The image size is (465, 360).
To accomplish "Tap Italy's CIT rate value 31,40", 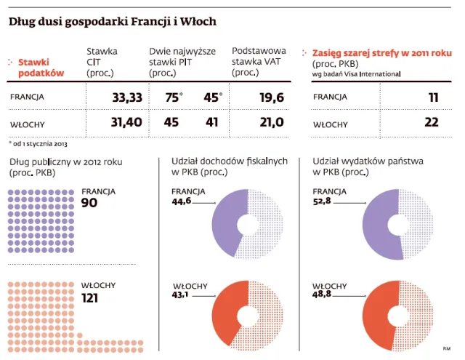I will point(126,122).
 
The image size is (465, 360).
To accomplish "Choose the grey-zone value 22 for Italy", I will point(431,122).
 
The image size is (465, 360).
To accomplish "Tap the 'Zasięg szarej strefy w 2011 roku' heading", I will point(381,53).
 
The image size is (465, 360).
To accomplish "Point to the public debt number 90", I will point(89,202).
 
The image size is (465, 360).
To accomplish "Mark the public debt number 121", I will point(92,298).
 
